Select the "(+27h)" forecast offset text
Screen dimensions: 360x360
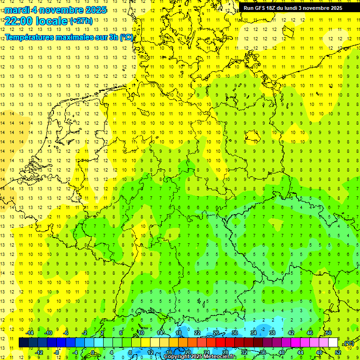81,21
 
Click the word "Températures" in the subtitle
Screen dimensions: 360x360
30,37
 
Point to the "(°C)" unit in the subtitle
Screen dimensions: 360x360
127,37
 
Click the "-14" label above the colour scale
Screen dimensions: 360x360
30,332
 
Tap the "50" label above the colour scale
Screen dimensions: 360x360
328,332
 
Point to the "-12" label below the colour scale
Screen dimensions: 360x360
39,352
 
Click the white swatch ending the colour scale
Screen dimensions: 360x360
333,343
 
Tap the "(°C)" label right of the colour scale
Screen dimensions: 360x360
348,343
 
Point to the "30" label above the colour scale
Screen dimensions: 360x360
234,332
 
